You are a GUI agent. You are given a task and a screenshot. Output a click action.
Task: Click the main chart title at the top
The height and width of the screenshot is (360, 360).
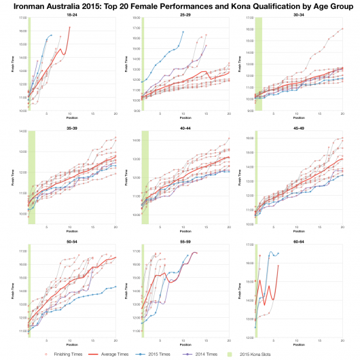tap(180, 6)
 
